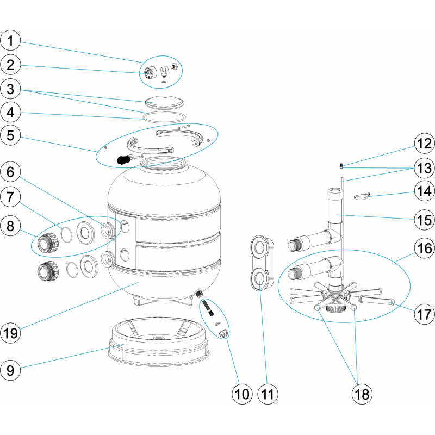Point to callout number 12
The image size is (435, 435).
(x=424, y=144)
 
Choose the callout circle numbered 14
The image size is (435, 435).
(x=424, y=191)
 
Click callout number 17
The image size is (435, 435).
(x=424, y=314)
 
